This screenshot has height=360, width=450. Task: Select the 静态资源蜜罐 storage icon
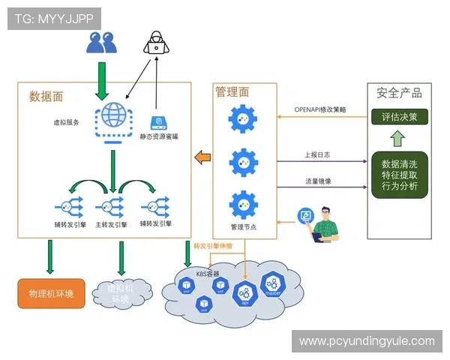click(x=158, y=123)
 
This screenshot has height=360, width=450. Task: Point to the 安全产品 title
click(x=399, y=93)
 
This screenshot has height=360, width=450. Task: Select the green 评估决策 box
click(x=399, y=117)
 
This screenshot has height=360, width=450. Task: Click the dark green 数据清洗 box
click(x=400, y=175)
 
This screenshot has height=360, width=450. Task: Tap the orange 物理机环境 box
click(x=49, y=293)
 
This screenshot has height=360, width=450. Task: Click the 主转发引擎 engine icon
click(x=111, y=205)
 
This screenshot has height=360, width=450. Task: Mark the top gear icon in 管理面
click(x=244, y=118)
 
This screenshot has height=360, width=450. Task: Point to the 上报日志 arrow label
click(x=319, y=154)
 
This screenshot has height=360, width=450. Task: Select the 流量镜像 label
click(x=319, y=180)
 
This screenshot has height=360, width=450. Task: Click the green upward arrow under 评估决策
click(x=399, y=138)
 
